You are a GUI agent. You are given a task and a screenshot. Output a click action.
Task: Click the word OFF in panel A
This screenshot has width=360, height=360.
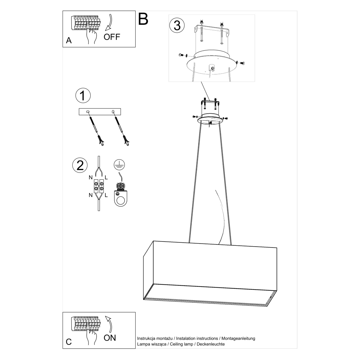pos(112,37)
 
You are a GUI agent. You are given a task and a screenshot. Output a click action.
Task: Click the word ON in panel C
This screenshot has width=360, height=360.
pos(110,343)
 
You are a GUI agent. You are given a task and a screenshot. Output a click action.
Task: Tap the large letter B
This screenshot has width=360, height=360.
pos(143,19)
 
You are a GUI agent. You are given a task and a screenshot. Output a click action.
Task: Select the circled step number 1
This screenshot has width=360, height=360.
pos(83,95)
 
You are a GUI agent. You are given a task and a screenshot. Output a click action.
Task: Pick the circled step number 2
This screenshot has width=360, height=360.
pos(80,165)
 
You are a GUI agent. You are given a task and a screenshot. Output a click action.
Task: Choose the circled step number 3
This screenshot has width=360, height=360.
pos(177,25)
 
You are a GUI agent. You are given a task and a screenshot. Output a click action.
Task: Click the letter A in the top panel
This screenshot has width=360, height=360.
pos(69,40)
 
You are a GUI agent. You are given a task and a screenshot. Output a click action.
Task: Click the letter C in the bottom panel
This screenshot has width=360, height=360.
pos(69,347)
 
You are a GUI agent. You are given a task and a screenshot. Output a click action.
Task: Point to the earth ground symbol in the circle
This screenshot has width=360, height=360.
pos(119,165)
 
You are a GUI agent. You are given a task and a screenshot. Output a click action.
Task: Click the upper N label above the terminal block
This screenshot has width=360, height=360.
pos(91,178)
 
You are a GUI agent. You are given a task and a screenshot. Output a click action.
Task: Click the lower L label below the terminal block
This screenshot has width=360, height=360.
pos(106,195)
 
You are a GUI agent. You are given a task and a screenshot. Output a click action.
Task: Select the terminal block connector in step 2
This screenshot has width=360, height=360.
pos(99,186)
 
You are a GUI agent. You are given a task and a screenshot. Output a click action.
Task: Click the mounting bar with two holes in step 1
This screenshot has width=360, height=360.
pos(100,112)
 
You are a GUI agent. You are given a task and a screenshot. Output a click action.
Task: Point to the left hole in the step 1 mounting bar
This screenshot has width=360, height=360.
pos(88,112)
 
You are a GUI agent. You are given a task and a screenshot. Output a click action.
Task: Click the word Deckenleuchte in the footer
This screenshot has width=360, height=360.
pos(211,349)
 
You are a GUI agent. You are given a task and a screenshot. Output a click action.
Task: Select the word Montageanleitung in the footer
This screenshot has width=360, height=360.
pos(238,344)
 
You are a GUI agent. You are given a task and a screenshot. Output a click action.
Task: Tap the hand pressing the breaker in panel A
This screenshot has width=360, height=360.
pos(92,33)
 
